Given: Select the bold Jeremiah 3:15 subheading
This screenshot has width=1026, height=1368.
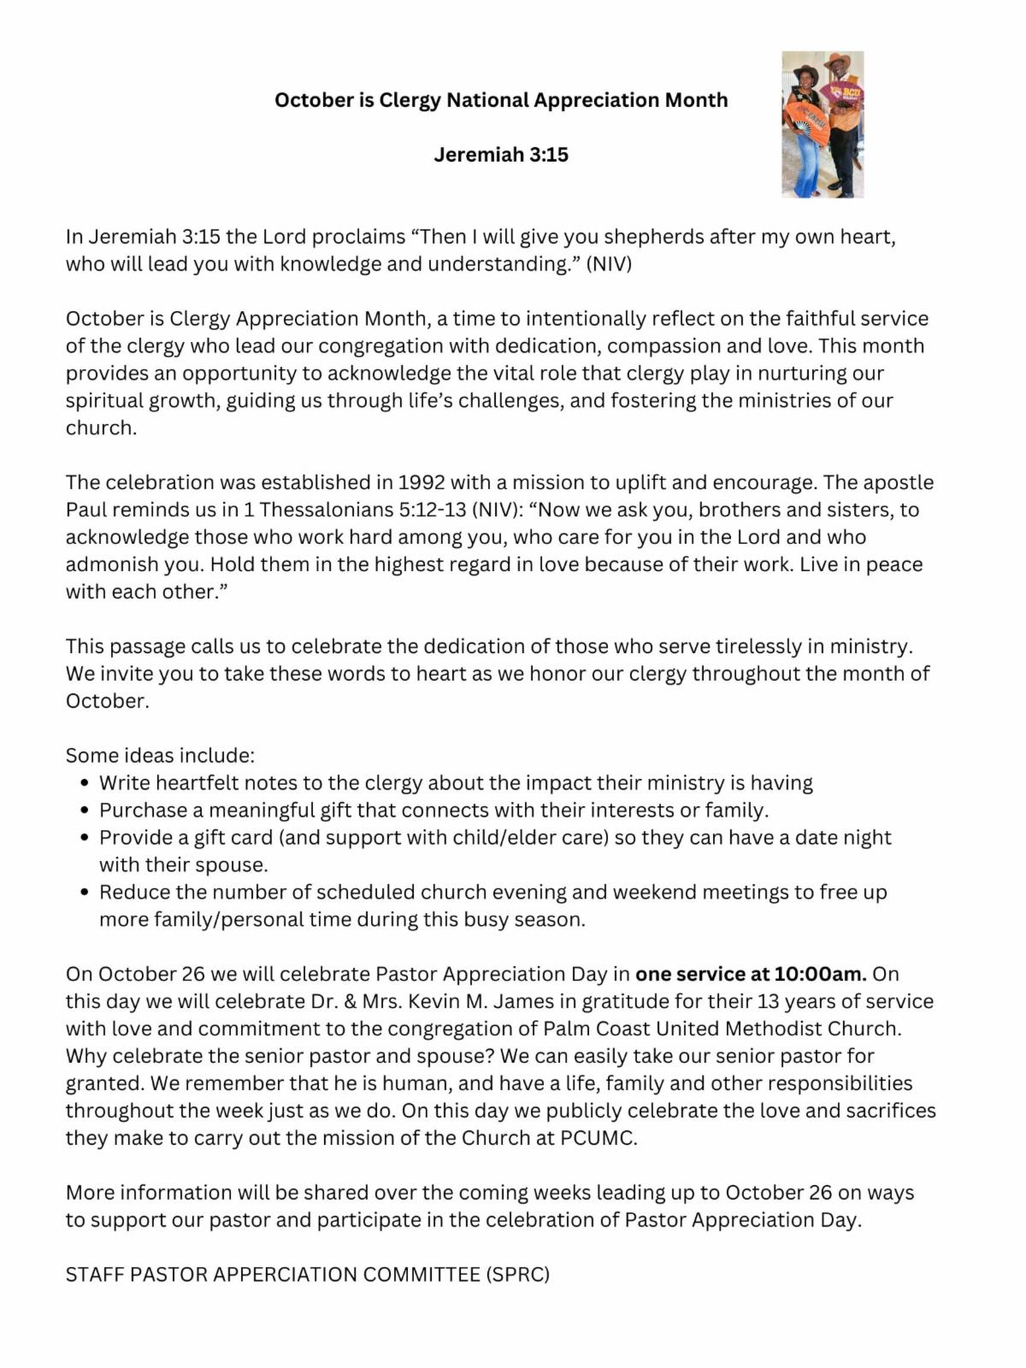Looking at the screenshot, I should tap(501, 155).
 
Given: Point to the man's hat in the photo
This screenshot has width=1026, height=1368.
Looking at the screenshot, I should tap(838, 62).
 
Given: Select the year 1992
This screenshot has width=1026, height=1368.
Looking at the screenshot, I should tap(422, 483).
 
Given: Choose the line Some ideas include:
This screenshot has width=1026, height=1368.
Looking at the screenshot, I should tap(160, 756).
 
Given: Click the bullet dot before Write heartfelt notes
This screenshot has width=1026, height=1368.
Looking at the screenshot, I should tap(84, 783).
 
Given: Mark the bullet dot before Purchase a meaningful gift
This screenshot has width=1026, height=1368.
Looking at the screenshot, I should tap(84, 811).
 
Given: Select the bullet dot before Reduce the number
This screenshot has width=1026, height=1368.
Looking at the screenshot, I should tap(84, 893).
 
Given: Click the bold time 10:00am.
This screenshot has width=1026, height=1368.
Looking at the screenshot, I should tap(820, 975).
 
